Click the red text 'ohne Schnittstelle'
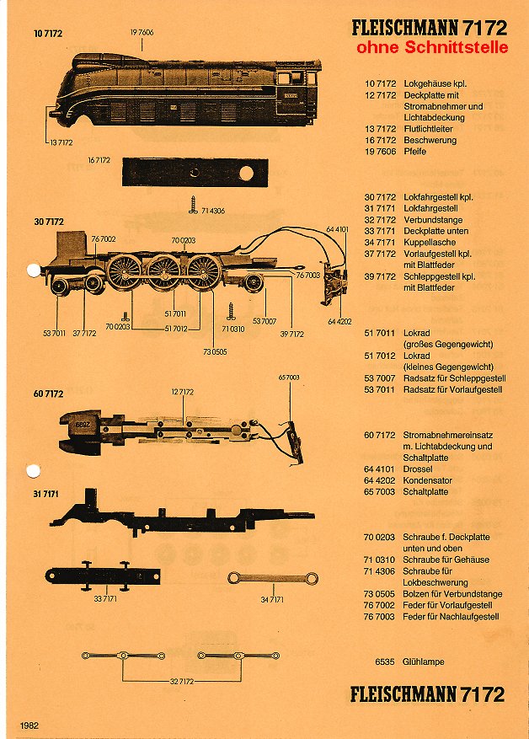click(432, 48)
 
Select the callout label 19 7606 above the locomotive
click(142, 30)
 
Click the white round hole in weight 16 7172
click(246, 173)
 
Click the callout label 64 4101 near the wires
click(337, 228)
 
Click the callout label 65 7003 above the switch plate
click(288, 378)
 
